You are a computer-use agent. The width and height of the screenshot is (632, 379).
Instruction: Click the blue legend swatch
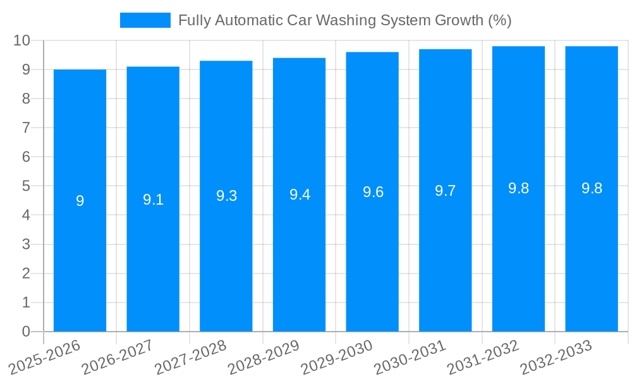pos(145,20)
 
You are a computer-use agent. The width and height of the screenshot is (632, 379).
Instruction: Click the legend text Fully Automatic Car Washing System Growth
pos(344,20)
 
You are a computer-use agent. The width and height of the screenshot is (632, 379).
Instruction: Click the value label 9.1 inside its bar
pos(153,200)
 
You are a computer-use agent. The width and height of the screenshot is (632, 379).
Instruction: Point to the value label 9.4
pos(300,195)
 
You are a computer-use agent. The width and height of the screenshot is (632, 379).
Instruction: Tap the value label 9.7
pos(445,191)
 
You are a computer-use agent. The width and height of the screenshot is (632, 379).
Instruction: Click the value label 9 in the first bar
pos(80,201)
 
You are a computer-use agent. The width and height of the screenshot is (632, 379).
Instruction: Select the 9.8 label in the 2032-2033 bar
pos(592,188)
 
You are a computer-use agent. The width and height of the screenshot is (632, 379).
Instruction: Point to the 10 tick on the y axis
pos(22,40)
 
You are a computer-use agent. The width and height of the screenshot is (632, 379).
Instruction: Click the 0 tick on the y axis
pos(26,332)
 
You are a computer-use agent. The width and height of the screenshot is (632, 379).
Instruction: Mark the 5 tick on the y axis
pos(26,186)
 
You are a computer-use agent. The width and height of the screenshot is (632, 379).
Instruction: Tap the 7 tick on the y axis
pos(26,128)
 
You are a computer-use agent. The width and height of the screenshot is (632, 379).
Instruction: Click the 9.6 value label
pos(373,192)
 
